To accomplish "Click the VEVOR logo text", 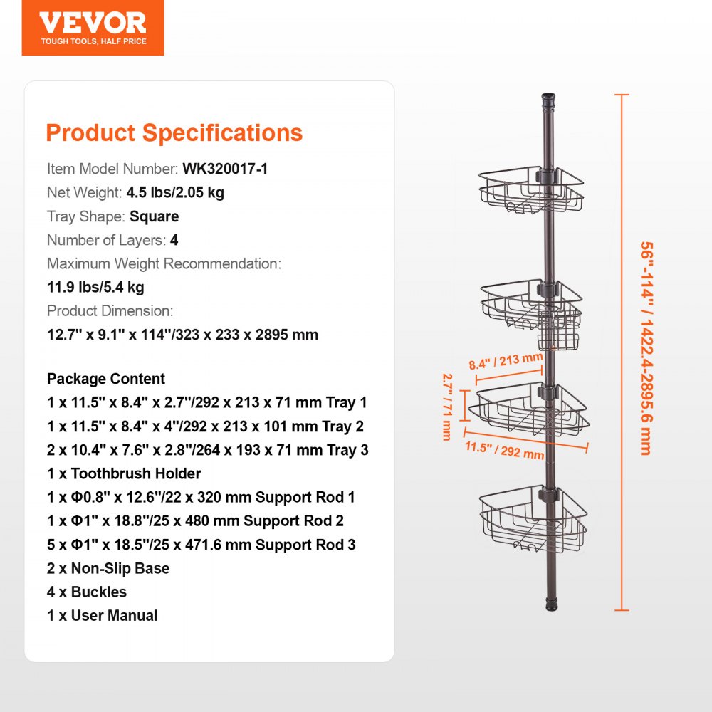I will [93, 22].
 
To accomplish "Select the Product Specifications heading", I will [174, 133].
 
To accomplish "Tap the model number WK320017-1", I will [225, 169].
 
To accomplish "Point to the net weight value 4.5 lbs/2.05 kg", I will [175, 193].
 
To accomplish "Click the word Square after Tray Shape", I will [155, 216].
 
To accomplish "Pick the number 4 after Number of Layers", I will [174, 240].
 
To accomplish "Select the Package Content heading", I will [106, 379].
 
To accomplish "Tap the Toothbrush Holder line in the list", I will [124, 473].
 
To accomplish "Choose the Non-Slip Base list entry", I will [108, 568].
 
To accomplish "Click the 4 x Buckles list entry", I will [87, 592].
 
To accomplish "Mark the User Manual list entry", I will [103, 615].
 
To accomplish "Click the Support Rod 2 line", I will [196, 520].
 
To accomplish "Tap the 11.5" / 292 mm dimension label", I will [505, 450].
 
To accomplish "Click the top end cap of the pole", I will [548, 98].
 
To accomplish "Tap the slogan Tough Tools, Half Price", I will [93, 41].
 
